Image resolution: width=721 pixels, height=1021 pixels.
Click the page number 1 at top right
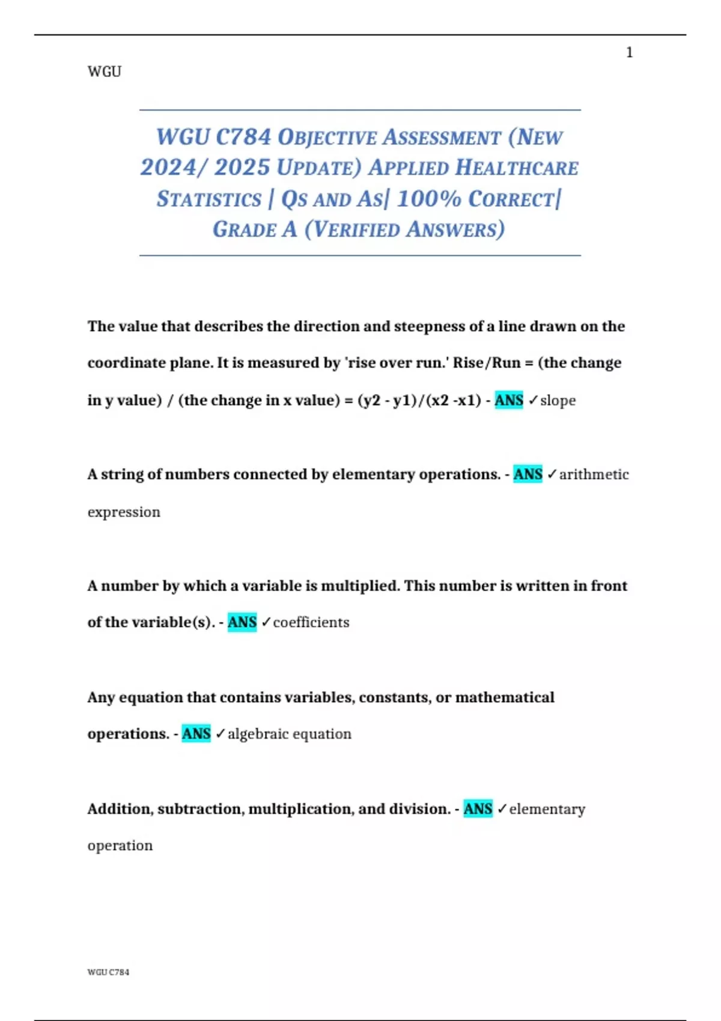point(629,53)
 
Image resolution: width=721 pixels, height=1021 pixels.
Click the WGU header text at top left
point(105,72)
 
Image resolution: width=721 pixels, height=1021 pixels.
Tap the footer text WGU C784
point(108,972)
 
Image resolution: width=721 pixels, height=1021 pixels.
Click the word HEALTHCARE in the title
point(517,168)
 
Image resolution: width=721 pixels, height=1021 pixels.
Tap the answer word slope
point(558,401)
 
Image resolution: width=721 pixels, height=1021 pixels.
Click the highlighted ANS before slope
point(509,401)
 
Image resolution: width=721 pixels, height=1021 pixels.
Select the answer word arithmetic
point(594,474)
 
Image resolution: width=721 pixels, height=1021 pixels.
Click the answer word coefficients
point(311,622)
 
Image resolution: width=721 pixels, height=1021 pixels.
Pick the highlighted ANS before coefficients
point(242,622)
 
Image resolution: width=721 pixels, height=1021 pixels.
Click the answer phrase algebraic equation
point(290,734)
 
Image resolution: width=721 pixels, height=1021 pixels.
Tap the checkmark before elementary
point(502,810)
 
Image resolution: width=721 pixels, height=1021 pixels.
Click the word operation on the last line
point(120,846)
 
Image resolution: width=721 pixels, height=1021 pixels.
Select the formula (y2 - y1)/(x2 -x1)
point(419,401)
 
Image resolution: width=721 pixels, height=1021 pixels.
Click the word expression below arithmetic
point(124,512)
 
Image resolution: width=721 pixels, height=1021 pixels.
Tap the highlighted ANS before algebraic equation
point(196,734)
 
